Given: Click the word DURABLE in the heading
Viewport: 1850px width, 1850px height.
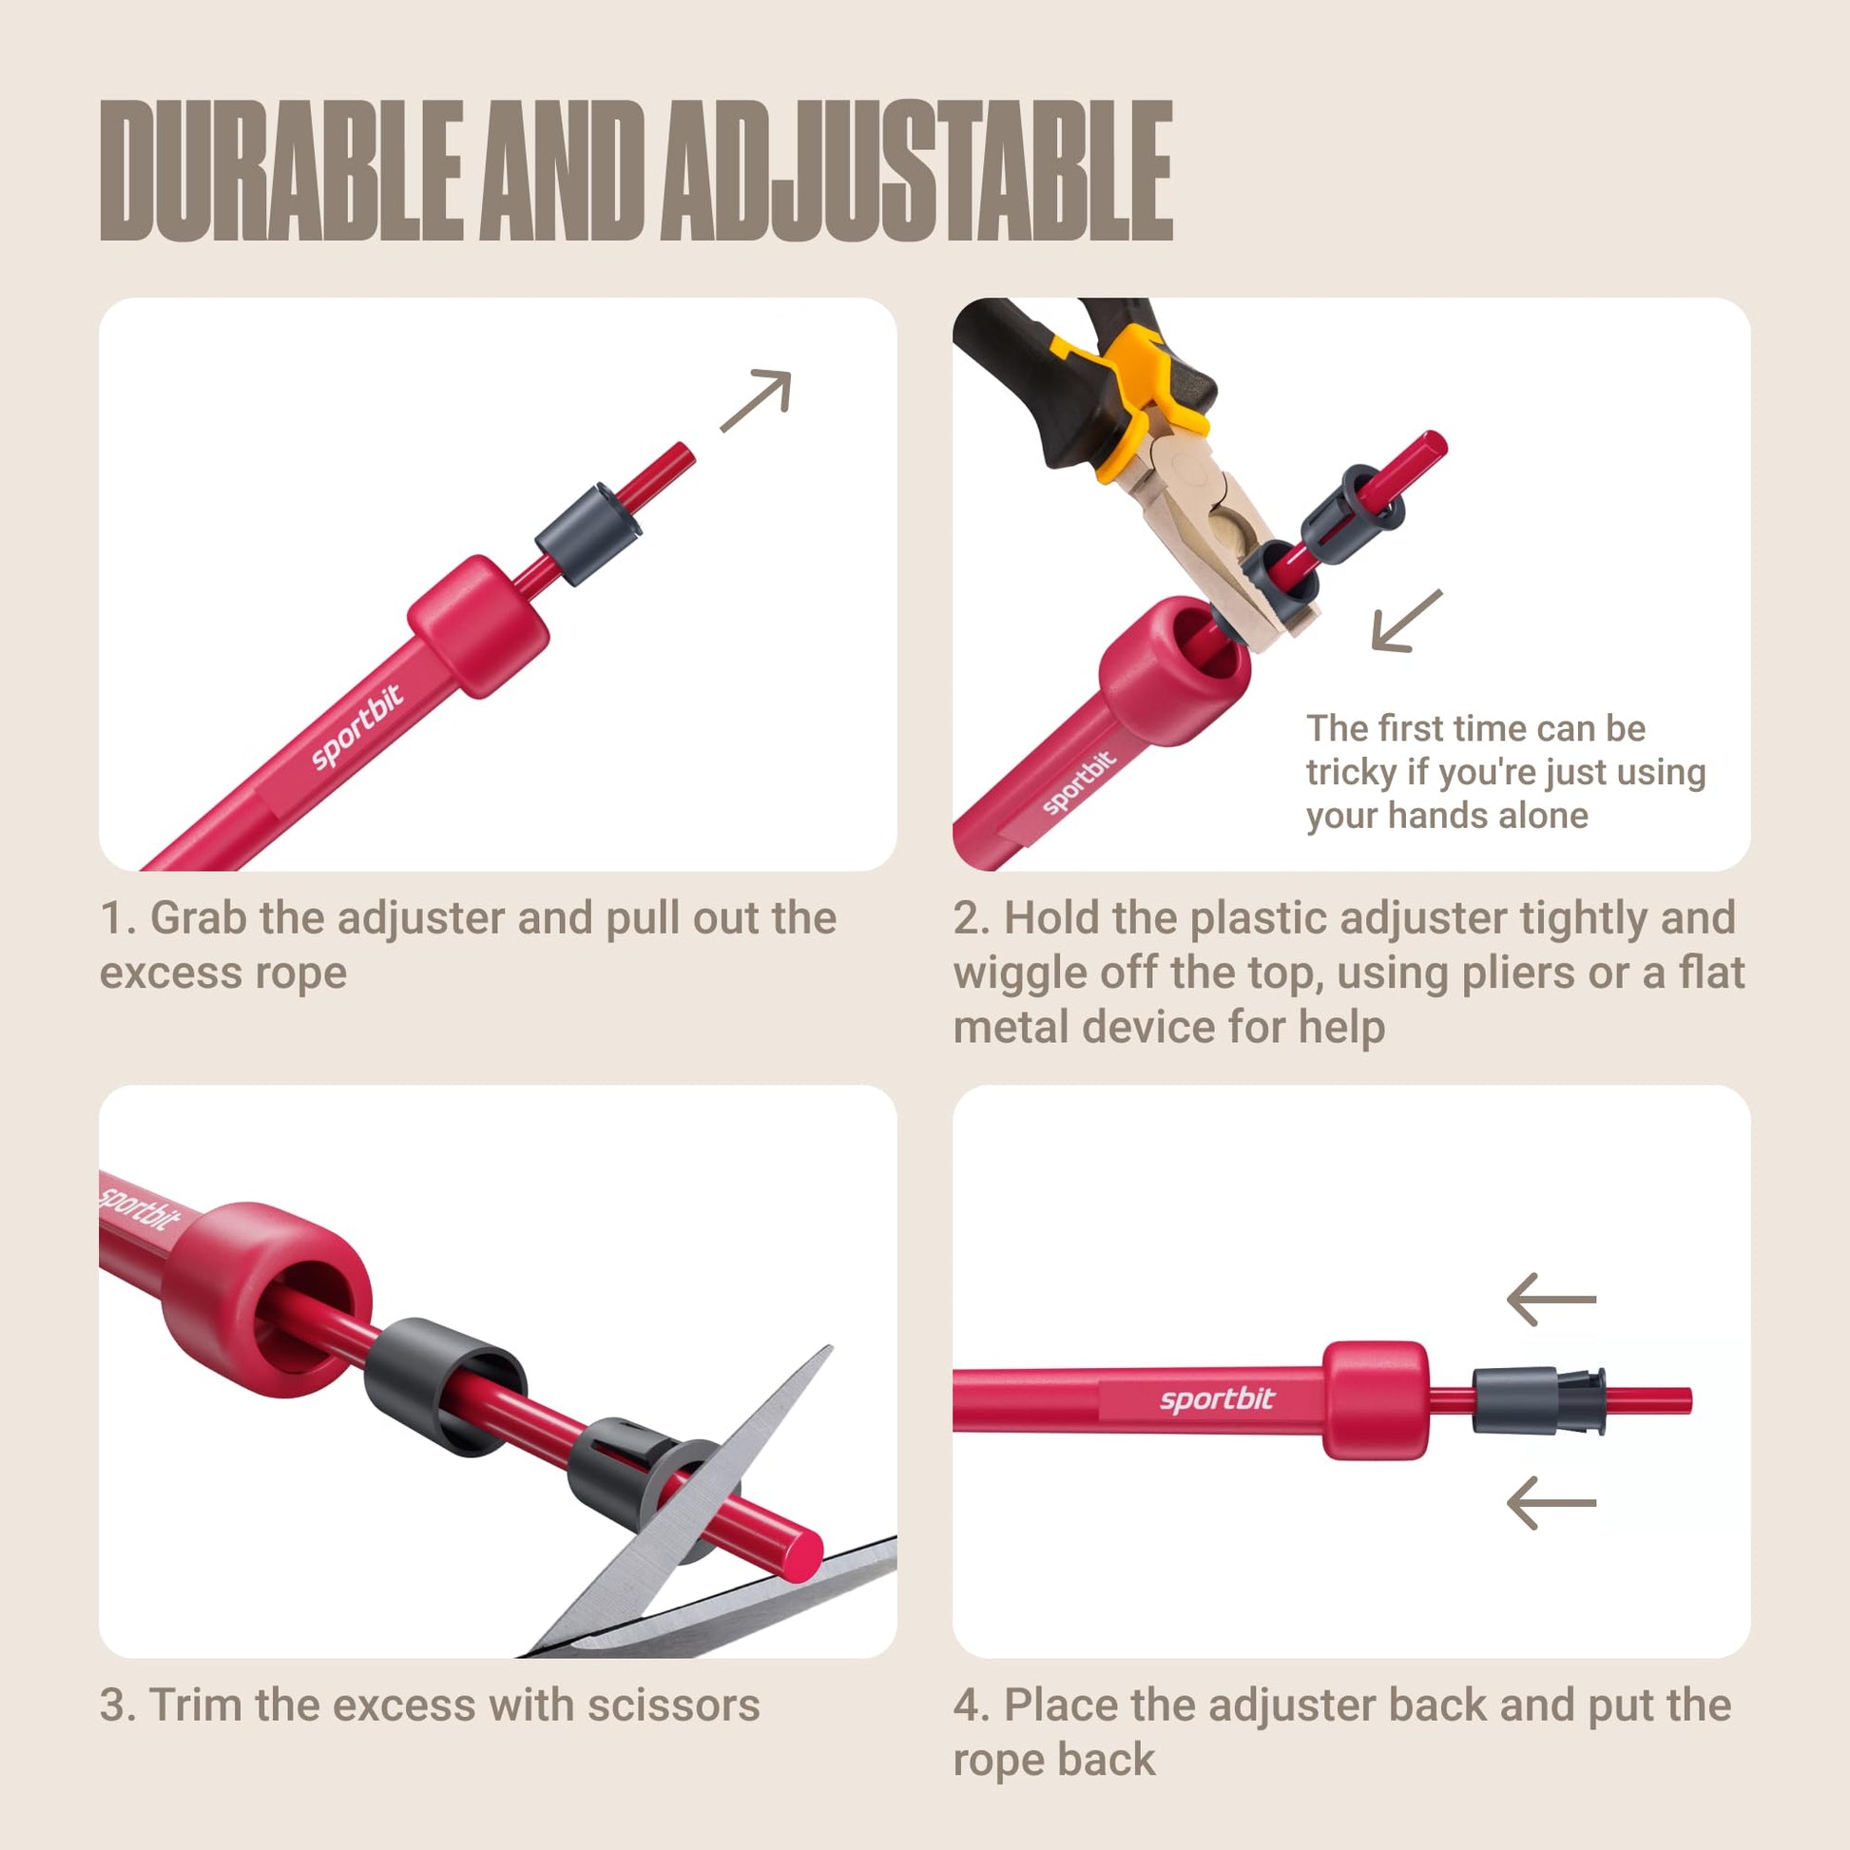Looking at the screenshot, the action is pos(280,170).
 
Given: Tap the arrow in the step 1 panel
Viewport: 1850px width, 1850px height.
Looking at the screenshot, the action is pos(757,399).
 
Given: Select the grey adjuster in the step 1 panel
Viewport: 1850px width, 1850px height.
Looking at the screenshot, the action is pos(588,533).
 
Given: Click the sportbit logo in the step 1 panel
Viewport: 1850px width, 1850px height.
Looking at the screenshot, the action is pos(357,725).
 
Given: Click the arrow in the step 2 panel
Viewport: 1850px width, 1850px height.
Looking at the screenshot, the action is pos(1407,622).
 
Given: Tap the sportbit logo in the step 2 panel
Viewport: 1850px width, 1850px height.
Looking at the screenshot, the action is pos(1079,782).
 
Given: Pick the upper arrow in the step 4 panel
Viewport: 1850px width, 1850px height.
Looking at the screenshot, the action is pos(1551,1300).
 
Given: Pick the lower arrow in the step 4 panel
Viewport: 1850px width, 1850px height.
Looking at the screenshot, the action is pos(1551,1502).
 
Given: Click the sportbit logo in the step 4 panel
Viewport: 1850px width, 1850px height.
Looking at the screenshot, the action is pos(1217,1400).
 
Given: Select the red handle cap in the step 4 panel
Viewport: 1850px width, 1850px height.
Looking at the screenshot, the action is pos(1376,1401).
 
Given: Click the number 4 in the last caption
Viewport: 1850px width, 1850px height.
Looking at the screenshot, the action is pos(967,1705).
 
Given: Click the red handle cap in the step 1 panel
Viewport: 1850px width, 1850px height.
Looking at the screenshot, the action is pos(479,626).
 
